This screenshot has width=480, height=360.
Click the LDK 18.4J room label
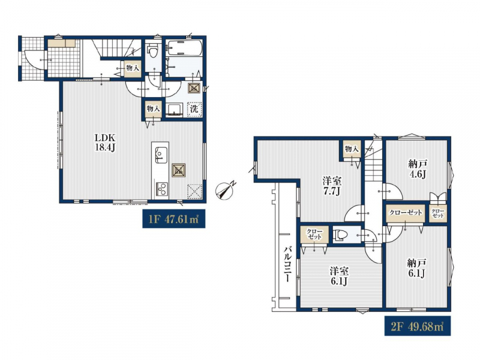click(106, 142)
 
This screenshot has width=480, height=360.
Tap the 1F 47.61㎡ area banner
click(173, 219)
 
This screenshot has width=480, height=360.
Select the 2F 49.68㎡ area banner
click(418, 326)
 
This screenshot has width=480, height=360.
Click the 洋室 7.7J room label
click(332, 186)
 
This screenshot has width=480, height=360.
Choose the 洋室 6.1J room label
click(339, 276)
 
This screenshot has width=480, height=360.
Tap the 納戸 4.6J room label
click(418, 169)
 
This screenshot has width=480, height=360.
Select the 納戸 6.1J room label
click(417, 268)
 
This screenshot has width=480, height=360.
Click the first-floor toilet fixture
click(152, 50)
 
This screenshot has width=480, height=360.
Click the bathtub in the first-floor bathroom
click(184, 48)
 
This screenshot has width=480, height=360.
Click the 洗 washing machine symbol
click(194, 109)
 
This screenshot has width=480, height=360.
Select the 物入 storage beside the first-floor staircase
click(133, 68)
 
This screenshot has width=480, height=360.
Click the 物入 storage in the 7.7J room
click(352, 149)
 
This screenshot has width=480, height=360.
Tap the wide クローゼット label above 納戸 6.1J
click(406, 212)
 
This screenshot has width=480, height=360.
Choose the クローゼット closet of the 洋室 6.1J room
click(314, 235)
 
